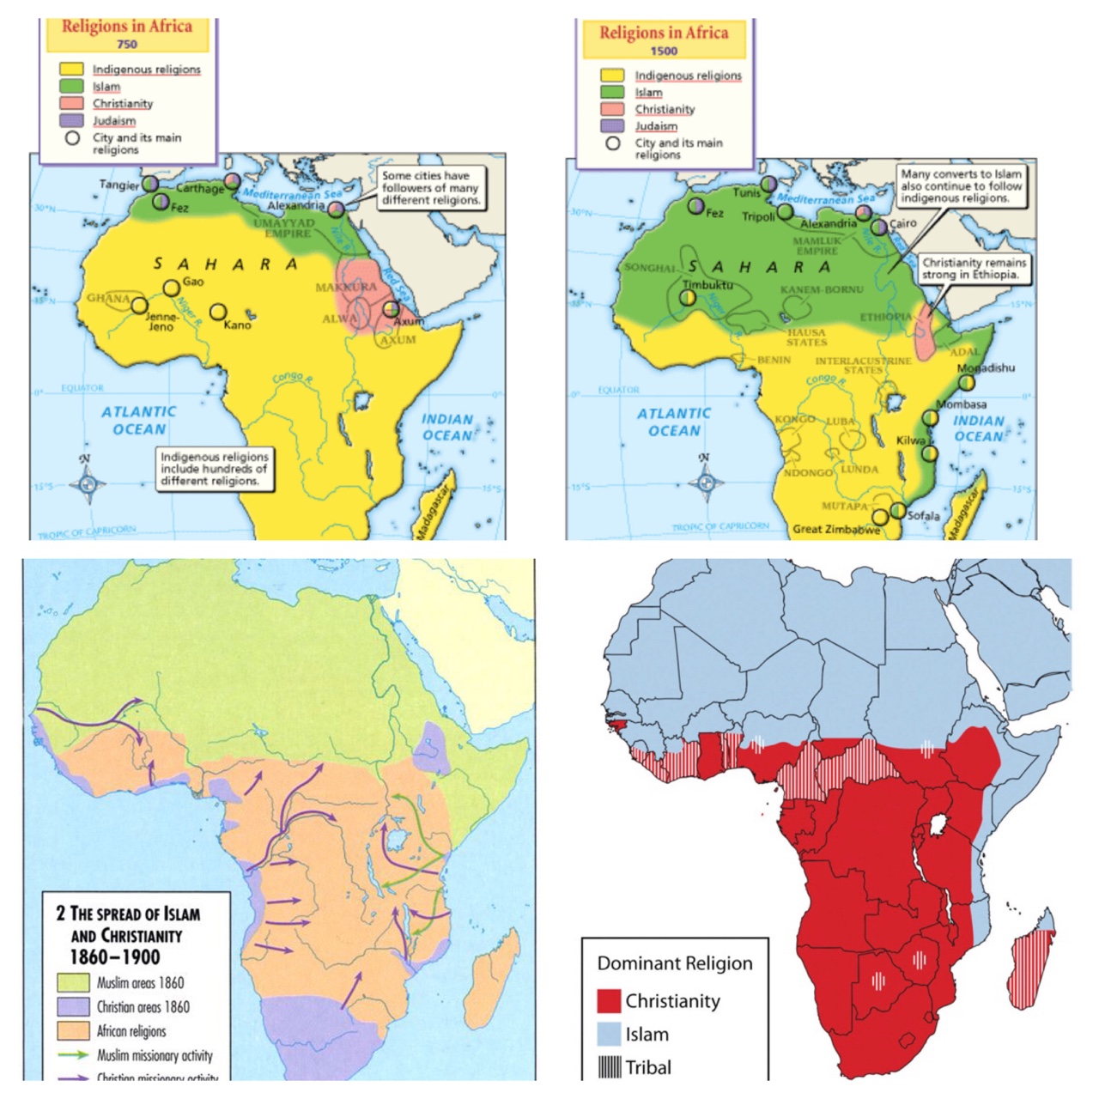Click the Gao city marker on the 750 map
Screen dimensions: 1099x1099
[x=172, y=288]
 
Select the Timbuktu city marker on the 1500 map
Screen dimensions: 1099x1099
[x=688, y=297]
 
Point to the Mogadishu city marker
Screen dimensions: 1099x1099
[x=967, y=382]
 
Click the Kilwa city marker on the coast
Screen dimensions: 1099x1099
[x=930, y=452]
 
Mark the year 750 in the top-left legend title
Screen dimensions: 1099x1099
[x=127, y=44]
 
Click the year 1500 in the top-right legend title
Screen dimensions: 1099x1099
[x=663, y=51]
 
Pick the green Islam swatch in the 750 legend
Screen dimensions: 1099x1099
[x=71, y=86]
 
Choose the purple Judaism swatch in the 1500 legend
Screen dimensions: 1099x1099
[x=612, y=125]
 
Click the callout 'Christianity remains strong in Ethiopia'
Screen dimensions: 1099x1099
[x=974, y=269]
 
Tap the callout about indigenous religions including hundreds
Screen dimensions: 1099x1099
[x=215, y=469]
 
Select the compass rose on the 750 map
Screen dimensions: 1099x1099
[x=87, y=483]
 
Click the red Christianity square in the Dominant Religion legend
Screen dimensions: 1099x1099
[x=609, y=1001]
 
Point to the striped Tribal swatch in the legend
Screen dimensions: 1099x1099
[x=609, y=1067]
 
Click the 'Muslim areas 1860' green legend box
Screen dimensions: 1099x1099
[x=73, y=982]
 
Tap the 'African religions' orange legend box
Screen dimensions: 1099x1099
[x=73, y=1030]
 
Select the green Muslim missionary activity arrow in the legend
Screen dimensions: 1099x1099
[x=73, y=1055]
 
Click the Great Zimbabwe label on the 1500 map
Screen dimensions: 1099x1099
[x=835, y=529]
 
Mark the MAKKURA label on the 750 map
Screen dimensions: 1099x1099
[x=346, y=287]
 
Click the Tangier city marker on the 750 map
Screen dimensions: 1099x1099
[x=150, y=184]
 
